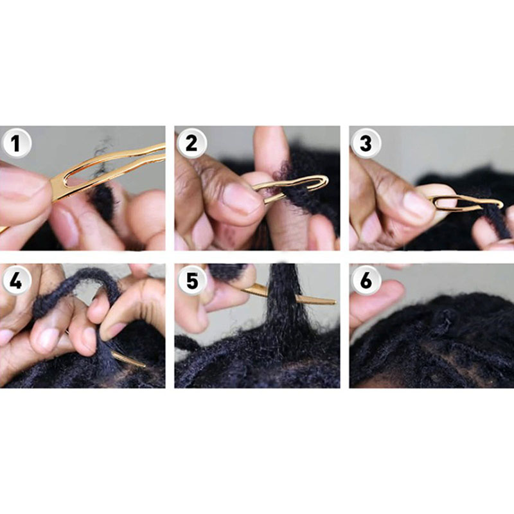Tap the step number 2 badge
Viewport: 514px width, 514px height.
[191, 143]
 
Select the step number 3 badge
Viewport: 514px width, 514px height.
[366, 143]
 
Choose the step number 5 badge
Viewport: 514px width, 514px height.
[192, 281]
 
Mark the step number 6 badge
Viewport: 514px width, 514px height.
[366, 281]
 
